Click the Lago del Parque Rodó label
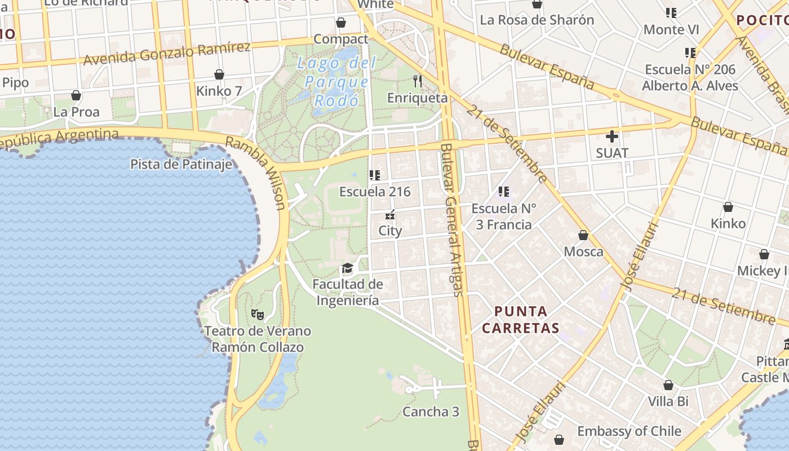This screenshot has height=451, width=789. pyautogui.click(x=336, y=82)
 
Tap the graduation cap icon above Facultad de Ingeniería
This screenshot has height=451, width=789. pyautogui.click(x=347, y=268)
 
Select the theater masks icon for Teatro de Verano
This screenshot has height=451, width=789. pyautogui.click(x=257, y=314)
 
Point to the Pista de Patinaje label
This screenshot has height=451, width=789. pyautogui.click(x=181, y=164)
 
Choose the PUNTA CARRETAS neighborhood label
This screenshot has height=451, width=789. pyautogui.click(x=521, y=319)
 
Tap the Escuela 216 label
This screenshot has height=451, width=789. pyautogui.click(x=375, y=192)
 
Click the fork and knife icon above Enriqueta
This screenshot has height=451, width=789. pyautogui.click(x=418, y=81)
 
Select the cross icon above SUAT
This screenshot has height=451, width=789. pyautogui.click(x=612, y=136)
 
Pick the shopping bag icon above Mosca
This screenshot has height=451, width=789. pyautogui.click(x=583, y=235)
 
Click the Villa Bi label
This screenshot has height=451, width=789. pyautogui.click(x=668, y=401)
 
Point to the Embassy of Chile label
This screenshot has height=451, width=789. pyautogui.click(x=629, y=431)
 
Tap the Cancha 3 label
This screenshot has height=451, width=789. pyautogui.click(x=431, y=412)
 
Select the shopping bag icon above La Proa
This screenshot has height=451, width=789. pyautogui.click(x=76, y=95)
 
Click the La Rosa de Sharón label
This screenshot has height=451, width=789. pyautogui.click(x=537, y=20)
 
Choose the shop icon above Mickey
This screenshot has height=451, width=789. pyautogui.click(x=764, y=254)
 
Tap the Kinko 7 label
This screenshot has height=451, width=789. pyautogui.click(x=219, y=91)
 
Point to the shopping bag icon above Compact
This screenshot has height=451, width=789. pyautogui.click(x=341, y=23)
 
